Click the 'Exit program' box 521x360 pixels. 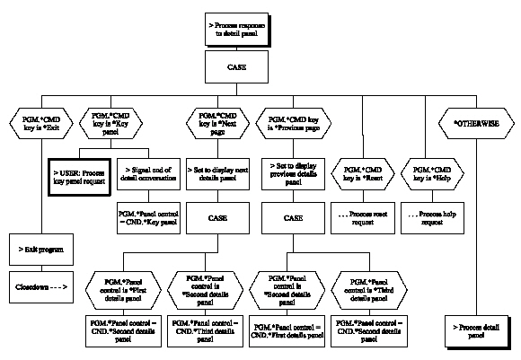40,248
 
